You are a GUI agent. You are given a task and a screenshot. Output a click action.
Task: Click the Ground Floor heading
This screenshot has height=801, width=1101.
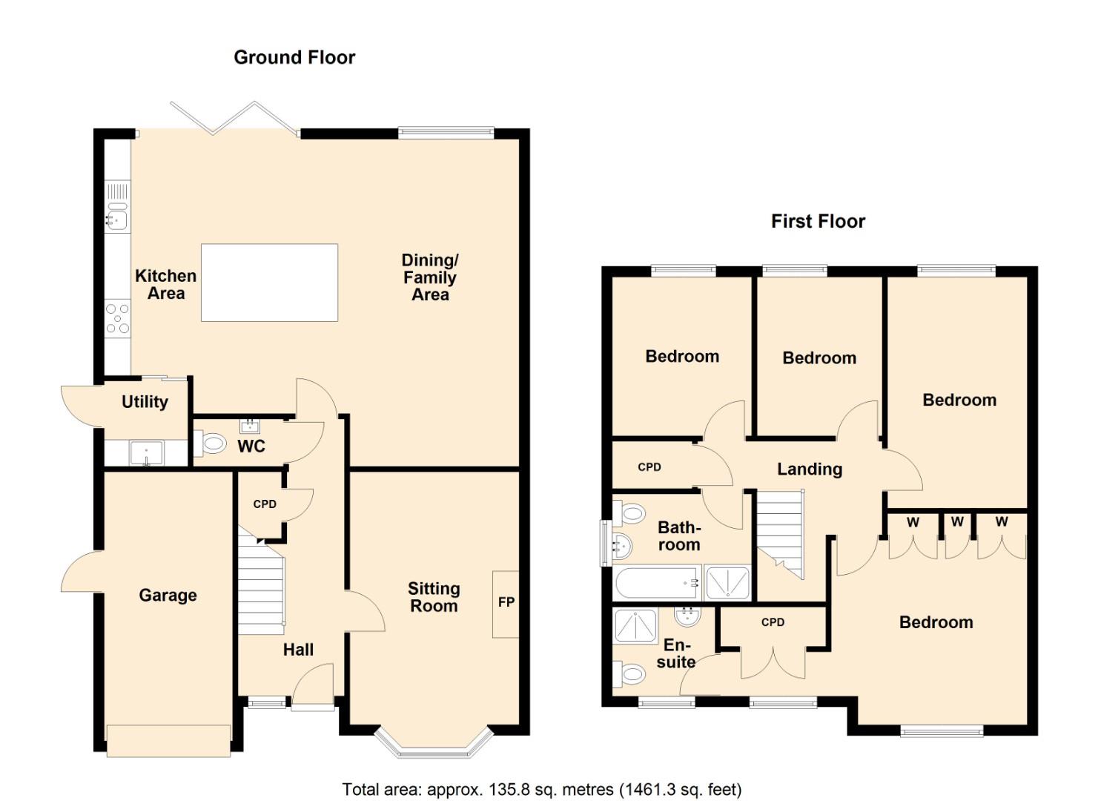[x=294, y=57]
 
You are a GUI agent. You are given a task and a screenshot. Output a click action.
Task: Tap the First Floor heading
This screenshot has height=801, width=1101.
[x=818, y=221]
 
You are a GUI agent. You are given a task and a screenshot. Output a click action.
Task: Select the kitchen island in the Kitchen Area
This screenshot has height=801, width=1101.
[x=269, y=283]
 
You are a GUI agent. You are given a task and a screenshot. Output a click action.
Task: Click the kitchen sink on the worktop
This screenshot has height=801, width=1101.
[x=116, y=219]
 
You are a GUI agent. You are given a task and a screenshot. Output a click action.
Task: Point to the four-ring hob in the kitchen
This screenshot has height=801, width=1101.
[x=117, y=318]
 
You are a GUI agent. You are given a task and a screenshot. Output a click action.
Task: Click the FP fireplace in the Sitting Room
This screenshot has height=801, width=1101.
[x=506, y=603]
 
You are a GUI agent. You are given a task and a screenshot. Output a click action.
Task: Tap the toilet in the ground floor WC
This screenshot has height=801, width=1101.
[x=213, y=444]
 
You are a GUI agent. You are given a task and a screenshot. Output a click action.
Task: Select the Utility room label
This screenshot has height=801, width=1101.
[x=145, y=402]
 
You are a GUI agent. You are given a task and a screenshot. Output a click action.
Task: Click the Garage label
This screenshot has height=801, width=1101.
[x=168, y=596]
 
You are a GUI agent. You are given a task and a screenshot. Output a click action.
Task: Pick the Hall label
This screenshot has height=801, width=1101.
[x=298, y=650]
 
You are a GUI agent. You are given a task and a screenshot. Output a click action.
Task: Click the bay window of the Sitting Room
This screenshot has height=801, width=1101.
[x=434, y=744]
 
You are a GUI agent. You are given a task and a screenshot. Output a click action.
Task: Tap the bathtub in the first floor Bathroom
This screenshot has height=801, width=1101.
[x=657, y=584]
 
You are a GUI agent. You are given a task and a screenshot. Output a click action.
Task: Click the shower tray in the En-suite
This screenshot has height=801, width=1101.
[x=636, y=625]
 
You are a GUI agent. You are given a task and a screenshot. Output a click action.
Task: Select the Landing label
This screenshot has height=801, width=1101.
[x=809, y=469]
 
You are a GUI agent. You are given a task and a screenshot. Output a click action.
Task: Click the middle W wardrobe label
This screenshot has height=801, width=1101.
[x=957, y=522]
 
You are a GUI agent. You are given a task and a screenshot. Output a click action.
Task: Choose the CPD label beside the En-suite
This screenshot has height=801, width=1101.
[x=773, y=622]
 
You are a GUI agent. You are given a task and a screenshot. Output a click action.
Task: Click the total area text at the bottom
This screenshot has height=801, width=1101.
[x=541, y=789]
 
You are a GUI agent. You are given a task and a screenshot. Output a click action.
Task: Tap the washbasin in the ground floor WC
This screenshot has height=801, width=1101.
[x=250, y=426]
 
